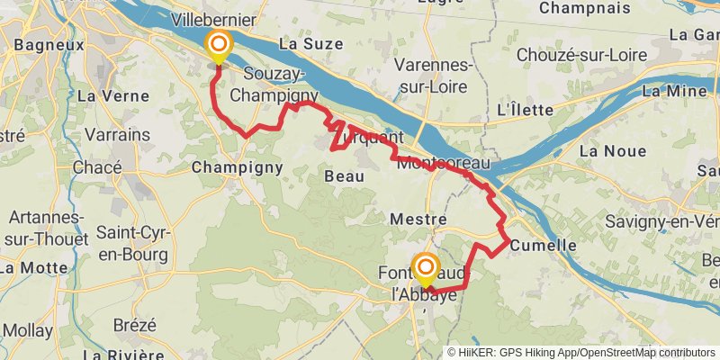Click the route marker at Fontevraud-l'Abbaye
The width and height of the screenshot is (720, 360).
pyautogui.click(x=425, y=267)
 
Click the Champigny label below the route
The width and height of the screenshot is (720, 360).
pyautogui.click(x=238, y=166)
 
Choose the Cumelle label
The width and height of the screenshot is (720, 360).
pyautogui.click(x=543, y=245)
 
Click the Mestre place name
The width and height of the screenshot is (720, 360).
pyautogui.click(x=412, y=219)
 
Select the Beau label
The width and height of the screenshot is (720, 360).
pyautogui.click(x=344, y=176)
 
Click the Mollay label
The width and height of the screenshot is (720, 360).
pyautogui.click(x=28, y=330)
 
